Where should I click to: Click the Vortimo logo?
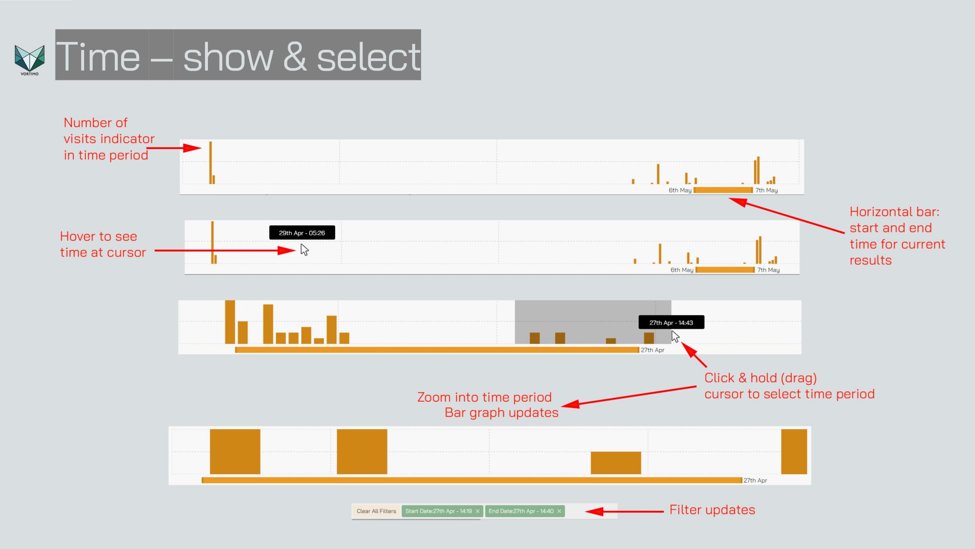[29, 60]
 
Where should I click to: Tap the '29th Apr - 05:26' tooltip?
[302, 233]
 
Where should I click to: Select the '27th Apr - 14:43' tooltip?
[671, 323]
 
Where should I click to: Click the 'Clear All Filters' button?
[376, 511]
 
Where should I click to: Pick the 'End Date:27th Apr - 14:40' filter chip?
[525, 511]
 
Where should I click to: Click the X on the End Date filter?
[559, 511]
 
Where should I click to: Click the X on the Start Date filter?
[478, 511]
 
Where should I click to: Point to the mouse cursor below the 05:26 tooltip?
[304, 250]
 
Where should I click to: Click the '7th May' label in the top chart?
[767, 190]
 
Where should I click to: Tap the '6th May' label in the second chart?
[682, 270]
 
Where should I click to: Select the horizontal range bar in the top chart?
[723, 190]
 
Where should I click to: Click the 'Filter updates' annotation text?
[712, 510]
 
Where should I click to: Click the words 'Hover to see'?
[99, 236]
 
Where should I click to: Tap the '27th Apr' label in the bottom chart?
[755, 480]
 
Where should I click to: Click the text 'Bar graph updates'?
[502, 413]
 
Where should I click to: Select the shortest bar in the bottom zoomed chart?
[616, 463]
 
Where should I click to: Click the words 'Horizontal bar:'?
[895, 212]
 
